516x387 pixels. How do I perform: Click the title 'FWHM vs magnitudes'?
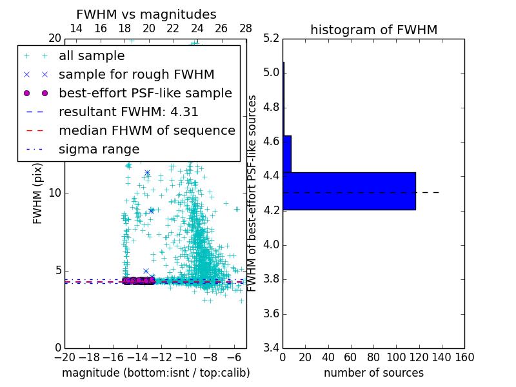point(146,14)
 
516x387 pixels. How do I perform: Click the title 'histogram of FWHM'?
point(373,30)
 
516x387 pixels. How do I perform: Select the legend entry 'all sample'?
point(92,56)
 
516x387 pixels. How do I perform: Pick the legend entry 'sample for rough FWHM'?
point(136,74)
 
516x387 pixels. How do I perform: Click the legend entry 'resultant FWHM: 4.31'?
point(128,112)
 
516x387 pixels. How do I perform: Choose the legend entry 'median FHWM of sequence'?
point(146,130)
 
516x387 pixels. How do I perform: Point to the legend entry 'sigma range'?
point(99,149)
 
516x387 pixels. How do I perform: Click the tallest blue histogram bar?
point(349,191)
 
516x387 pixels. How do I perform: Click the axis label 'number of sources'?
point(373,373)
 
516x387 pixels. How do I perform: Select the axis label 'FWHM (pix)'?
point(38,193)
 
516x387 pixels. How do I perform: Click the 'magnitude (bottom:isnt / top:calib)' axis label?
point(155,373)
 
